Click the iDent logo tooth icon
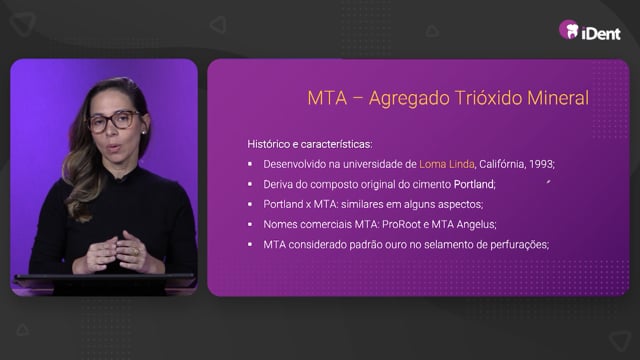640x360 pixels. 569,30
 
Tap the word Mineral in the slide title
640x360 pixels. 558,98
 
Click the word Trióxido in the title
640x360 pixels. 488,98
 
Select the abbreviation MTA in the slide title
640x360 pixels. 327,98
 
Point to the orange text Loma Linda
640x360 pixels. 447,164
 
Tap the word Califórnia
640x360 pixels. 502,164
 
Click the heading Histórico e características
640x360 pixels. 309,144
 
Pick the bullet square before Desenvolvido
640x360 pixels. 250,164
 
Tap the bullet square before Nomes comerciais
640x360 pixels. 250,224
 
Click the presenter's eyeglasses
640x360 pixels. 114,121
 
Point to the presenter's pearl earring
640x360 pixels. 144,132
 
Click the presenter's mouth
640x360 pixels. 113,147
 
